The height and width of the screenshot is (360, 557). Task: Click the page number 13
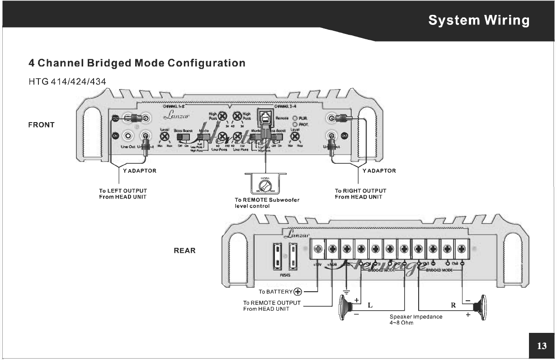coord(541,346)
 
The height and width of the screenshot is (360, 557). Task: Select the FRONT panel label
coord(41,125)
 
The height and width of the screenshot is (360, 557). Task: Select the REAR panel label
coord(184,251)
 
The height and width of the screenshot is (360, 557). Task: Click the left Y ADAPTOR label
coord(140,171)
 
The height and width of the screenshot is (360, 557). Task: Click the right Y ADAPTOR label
coord(379,171)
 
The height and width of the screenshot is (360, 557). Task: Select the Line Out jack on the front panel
coord(129,135)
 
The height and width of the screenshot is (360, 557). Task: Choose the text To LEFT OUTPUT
coord(123,191)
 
